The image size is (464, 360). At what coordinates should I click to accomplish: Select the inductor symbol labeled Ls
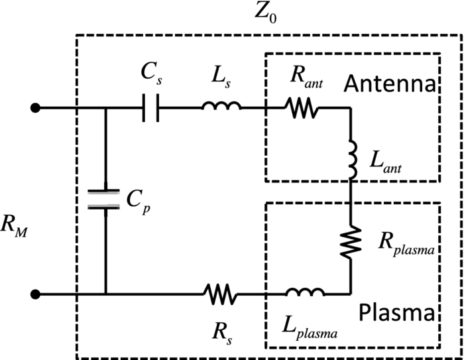(x=221, y=106)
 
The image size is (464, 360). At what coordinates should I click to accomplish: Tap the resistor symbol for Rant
(x=302, y=107)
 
